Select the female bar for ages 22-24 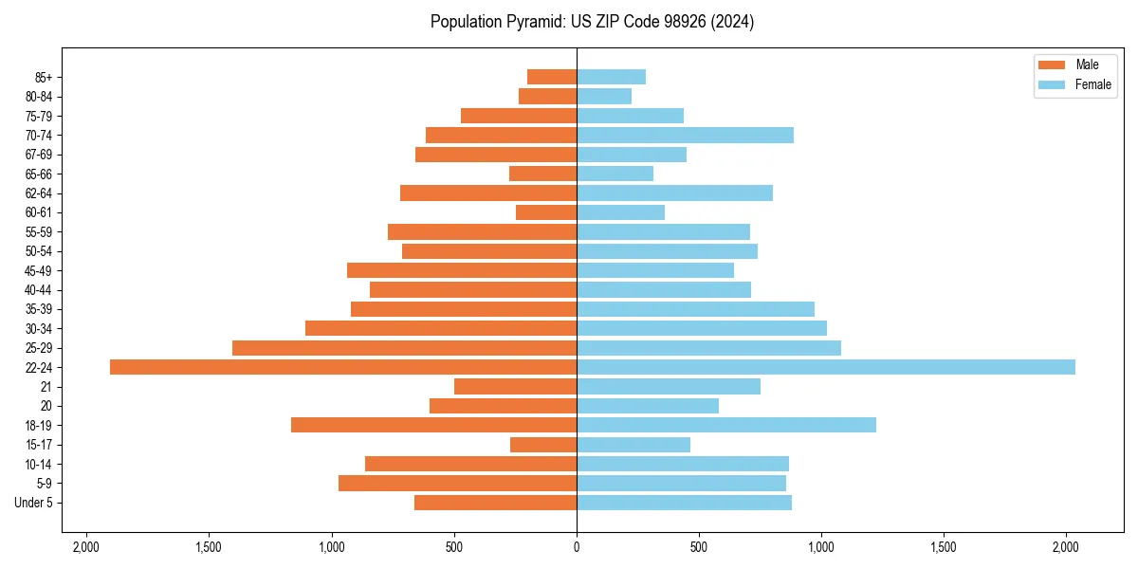tap(826, 367)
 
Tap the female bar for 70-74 tap(685, 135)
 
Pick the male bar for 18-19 tap(433, 425)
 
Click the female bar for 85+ tap(611, 77)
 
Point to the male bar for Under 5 tap(495, 503)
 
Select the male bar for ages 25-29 tap(404, 348)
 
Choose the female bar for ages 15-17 tap(633, 445)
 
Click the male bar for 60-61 tap(546, 212)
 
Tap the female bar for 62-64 tap(674, 193)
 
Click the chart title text tap(592, 22)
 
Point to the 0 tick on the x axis tap(577, 547)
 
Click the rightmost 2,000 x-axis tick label tap(1066, 547)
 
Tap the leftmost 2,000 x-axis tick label tap(86, 547)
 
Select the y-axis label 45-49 tap(39, 270)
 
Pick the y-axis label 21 tap(46, 387)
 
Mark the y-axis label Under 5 tap(34, 503)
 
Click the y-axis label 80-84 tap(39, 97)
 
